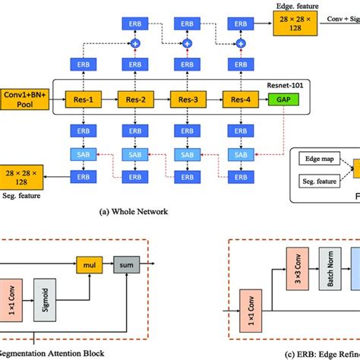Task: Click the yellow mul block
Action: pyautogui.click(x=85, y=265)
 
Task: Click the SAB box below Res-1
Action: pyautogui.click(x=81, y=154)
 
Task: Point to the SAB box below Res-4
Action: pyautogui.click(x=240, y=154)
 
